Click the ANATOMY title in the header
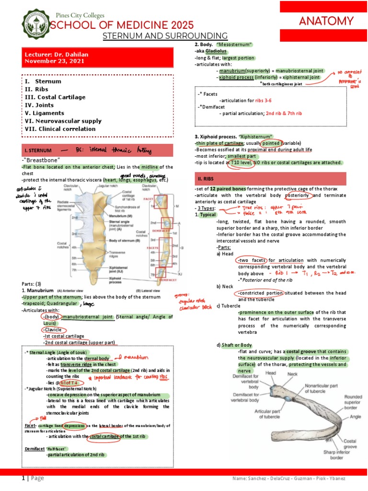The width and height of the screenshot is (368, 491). [x=326, y=21]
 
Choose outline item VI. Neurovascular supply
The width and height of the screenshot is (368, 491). [x=63, y=121]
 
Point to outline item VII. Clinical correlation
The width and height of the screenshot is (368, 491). [x=60, y=129]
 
